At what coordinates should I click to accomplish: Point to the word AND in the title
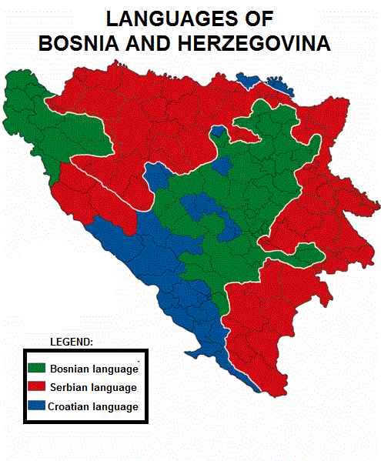tap(158, 43)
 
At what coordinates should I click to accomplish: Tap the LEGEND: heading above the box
tap(72, 341)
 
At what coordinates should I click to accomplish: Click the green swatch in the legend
tap(37, 368)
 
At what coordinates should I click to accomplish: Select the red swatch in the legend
tap(37, 386)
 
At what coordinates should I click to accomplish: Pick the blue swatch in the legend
tap(37, 406)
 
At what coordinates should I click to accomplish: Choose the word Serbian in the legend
tap(70, 387)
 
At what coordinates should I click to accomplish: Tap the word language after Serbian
tap(115, 387)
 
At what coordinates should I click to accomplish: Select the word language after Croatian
tap(116, 406)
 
